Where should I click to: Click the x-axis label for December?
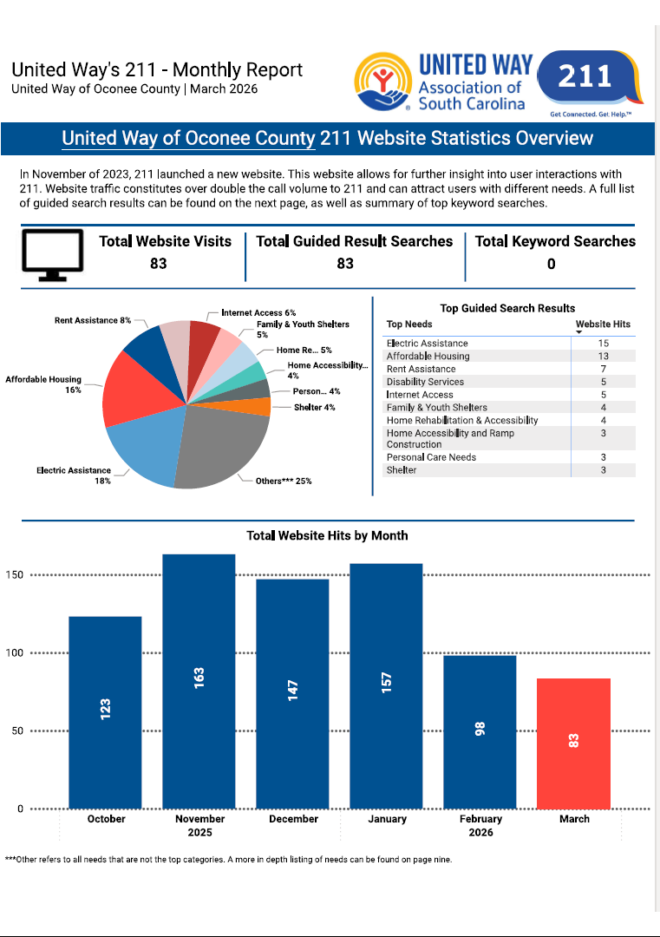pyautogui.click(x=293, y=819)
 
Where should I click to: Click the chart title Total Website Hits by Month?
pyautogui.click(x=327, y=535)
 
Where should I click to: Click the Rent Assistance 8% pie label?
pyautogui.click(x=92, y=320)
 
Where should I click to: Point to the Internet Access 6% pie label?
pyautogui.click(x=258, y=312)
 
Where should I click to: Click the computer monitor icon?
pyautogui.click(x=51, y=255)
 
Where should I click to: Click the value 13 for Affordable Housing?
pyautogui.click(x=603, y=356)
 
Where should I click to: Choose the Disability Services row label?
pyautogui.click(x=425, y=382)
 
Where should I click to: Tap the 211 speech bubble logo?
pyautogui.click(x=587, y=77)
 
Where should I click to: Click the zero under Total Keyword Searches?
pyautogui.click(x=551, y=264)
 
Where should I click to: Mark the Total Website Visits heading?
pyautogui.click(x=165, y=241)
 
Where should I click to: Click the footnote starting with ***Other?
pyautogui.click(x=228, y=860)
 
